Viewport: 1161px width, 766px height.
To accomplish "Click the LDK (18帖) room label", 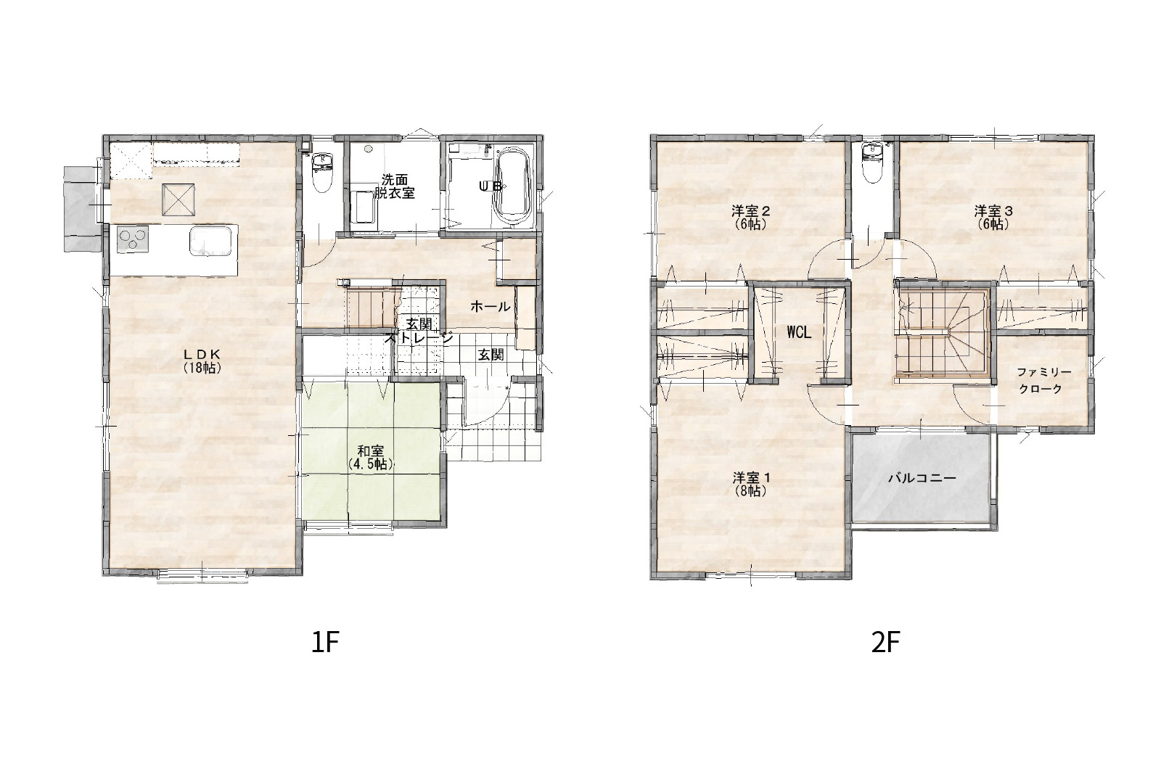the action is [202, 361].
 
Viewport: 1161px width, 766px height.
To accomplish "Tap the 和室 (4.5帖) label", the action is [371, 458].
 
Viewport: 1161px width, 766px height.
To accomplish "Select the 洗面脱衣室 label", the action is [395, 186].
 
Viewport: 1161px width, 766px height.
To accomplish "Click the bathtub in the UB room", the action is [512, 186].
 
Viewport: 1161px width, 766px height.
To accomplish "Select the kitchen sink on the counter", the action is [211, 241].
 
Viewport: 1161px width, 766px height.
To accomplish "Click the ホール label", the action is [491, 306].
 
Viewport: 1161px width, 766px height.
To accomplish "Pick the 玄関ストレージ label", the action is [420, 331].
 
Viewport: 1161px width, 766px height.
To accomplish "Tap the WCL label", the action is [799, 333].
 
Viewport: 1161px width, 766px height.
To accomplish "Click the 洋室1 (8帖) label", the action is [751, 484].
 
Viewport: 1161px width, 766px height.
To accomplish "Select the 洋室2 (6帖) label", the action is [750, 218].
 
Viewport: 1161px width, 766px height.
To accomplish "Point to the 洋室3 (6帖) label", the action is [993, 218].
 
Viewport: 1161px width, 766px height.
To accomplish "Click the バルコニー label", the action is [922, 478].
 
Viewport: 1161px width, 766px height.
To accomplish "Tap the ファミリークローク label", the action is [1043, 380].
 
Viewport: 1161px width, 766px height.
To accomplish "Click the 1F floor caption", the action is [325, 643].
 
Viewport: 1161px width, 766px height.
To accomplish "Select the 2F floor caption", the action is [885, 643].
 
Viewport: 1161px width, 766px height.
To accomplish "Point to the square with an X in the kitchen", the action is [179, 199].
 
